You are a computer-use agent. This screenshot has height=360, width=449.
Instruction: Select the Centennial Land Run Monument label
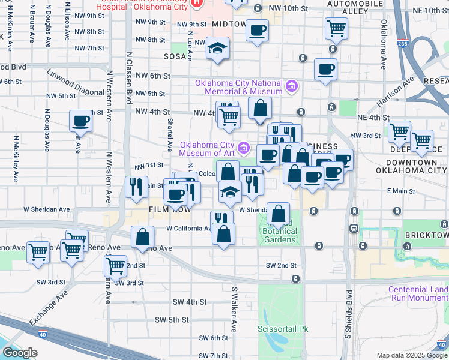tap(418, 293)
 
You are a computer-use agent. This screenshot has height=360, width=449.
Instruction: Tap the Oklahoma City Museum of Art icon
tap(244, 147)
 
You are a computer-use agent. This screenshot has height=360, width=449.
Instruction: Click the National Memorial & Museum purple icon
tap(292, 87)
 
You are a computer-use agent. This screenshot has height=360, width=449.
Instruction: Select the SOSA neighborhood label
tap(176, 56)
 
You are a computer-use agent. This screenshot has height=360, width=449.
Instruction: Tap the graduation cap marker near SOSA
tap(217, 47)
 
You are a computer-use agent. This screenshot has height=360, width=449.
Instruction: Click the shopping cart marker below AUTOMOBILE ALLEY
tap(336, 27)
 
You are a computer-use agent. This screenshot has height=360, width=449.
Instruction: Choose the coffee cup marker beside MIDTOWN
tap(258, 29)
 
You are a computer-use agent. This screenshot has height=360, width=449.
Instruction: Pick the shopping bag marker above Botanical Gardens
tap(279, 213)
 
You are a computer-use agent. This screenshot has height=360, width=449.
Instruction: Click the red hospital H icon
tap(197, 3)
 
